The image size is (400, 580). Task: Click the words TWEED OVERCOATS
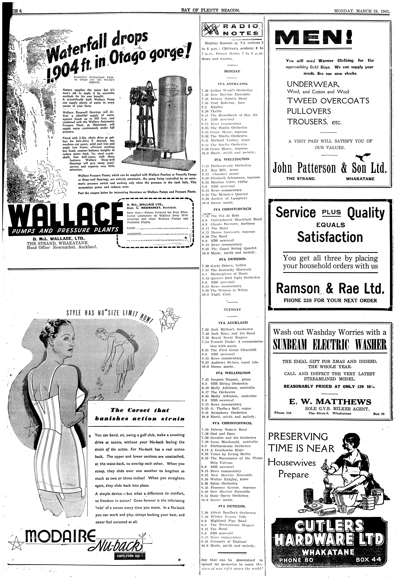328,101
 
